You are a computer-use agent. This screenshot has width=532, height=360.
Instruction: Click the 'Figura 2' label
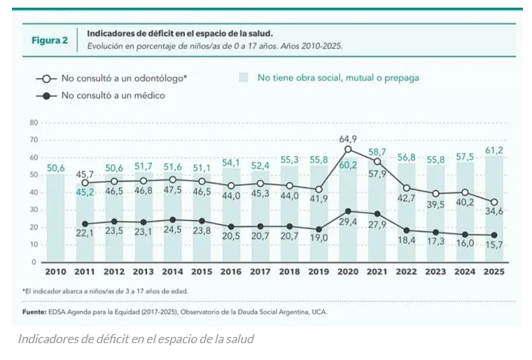[x=50, y=40]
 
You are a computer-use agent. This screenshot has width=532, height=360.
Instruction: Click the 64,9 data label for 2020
[x=347, y=138]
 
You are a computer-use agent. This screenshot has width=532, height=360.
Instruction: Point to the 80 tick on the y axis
[x=33, y=123]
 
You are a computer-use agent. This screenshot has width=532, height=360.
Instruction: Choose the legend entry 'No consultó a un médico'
[x=113, y=95]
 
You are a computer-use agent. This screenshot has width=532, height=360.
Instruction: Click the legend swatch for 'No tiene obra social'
[x=244, y=78]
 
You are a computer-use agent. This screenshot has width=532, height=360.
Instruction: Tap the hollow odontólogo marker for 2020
[x=347, y=149]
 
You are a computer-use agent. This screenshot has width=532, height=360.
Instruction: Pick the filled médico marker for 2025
[x=494, y=235]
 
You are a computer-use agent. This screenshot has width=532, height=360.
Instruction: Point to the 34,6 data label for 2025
[x=494, y=212]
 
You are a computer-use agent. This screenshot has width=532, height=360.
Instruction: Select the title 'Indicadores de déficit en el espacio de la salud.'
[x=180, y=33]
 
